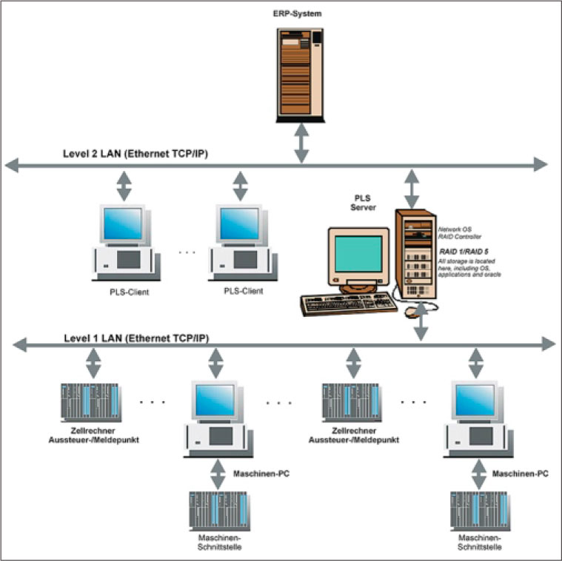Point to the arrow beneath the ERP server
click(x=301, y=143)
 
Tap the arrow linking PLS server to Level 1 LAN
click(x=421, y=320)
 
